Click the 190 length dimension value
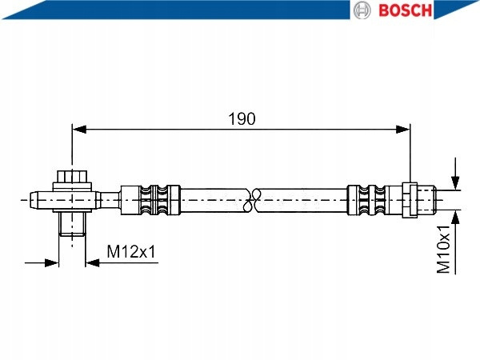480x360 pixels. point(242,118)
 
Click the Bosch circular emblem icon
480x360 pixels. point(362,10)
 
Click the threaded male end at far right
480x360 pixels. point(426,198)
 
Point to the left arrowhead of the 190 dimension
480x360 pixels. point(78,127)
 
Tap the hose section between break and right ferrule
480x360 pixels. point(304,198)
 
